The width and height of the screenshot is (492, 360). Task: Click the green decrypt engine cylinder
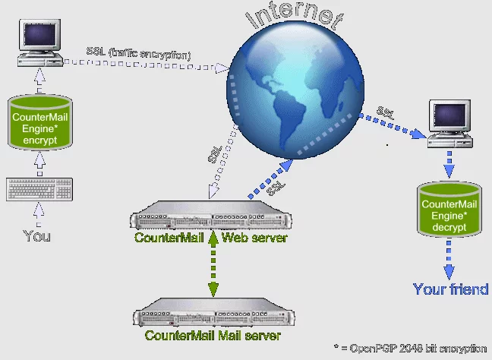tap(449, 210)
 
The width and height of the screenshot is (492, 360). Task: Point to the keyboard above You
tap(39, 189)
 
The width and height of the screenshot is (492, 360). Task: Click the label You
tap(37, 236)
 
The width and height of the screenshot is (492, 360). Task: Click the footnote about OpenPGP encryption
tap(410, 349)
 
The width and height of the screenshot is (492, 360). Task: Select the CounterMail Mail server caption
tap(213, 335)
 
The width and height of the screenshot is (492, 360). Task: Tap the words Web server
tap(254, 238)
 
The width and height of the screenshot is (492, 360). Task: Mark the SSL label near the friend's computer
tap(386, 112)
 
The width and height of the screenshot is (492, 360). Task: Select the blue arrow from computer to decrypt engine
tap(449, 163)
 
